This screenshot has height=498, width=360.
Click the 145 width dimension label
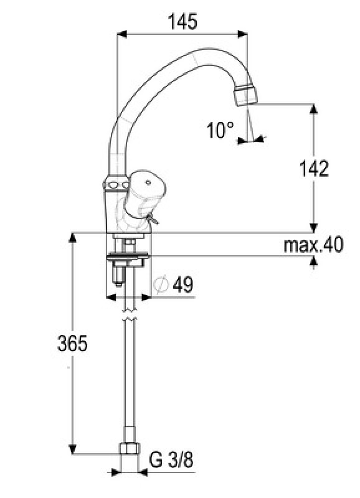click(x=182, y=22)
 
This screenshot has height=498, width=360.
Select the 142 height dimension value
click(x=315, y=168)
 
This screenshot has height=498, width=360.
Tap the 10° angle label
click(x=220, y=130)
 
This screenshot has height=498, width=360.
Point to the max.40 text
click(x=313, y=245)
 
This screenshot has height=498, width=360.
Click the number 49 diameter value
click(x=182, y=284)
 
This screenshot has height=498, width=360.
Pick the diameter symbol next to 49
click(x=161, y=284)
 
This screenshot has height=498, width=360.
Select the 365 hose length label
click(x=72, y=344)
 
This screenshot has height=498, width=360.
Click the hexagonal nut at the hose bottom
click(x=130, y=449)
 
